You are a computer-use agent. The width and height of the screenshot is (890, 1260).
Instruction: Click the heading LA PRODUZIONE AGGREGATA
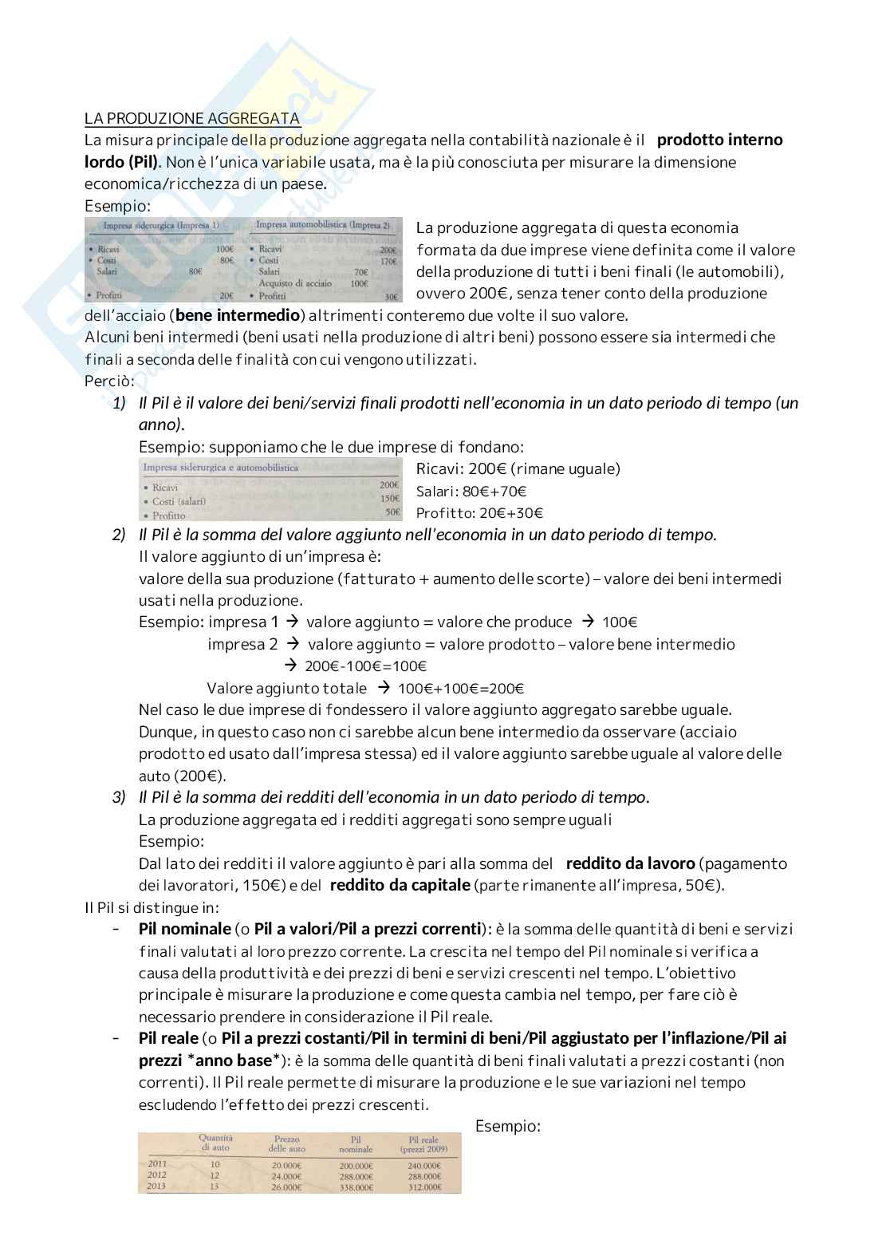pos(192,119)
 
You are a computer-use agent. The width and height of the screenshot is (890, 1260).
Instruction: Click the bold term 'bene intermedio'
pos(238,315)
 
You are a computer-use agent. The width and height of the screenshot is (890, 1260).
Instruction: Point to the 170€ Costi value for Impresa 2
pos(388,261)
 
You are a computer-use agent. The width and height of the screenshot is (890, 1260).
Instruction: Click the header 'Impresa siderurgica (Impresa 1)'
pos(161,226)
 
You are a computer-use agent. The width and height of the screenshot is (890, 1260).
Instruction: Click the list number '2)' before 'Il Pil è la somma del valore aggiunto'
pos(119,535)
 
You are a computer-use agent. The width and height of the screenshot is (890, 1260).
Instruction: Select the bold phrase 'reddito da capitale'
pos(400,885)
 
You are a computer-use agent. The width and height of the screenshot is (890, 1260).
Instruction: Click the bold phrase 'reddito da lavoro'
pos(630,863)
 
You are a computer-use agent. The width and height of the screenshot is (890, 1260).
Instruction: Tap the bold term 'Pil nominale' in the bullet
pos(184,929)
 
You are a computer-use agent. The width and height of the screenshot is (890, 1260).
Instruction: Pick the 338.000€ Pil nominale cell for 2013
pos(356,1187)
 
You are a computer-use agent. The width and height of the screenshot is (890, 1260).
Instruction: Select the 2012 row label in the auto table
pos(157,1175)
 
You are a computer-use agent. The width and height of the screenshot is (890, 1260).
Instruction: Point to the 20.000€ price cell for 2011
pos(286,1165)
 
